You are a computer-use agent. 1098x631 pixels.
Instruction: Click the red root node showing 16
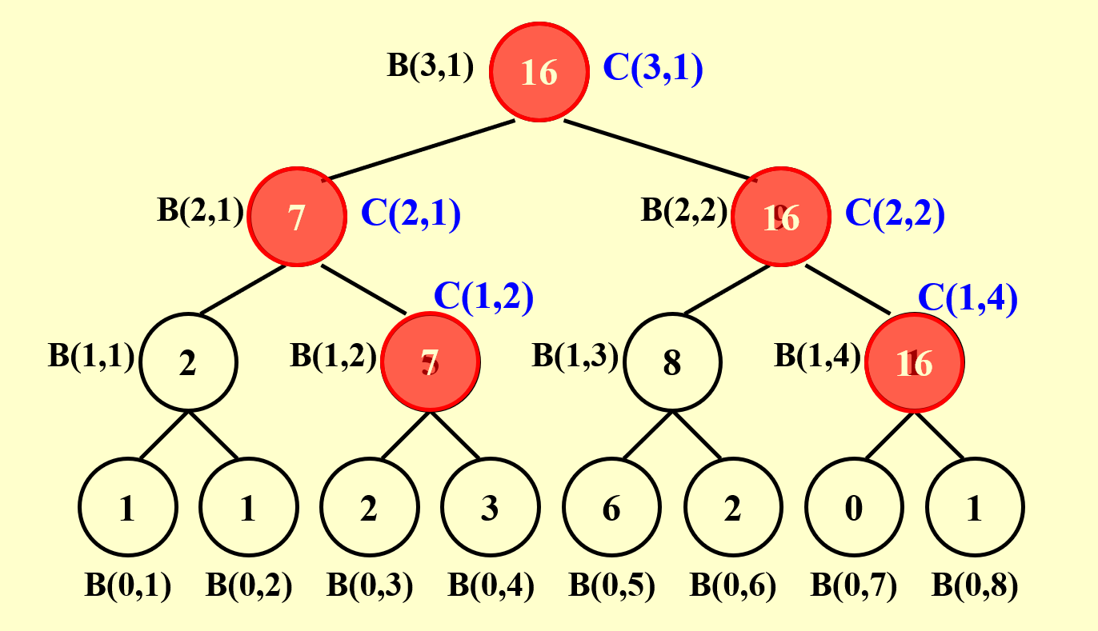point(539,73)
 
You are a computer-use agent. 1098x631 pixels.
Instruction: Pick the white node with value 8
point(672,362)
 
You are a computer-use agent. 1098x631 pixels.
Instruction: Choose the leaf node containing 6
point(611,508)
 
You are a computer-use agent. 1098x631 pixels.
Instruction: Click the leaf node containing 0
point(854,508)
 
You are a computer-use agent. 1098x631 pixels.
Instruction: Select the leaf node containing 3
point(490,508)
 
